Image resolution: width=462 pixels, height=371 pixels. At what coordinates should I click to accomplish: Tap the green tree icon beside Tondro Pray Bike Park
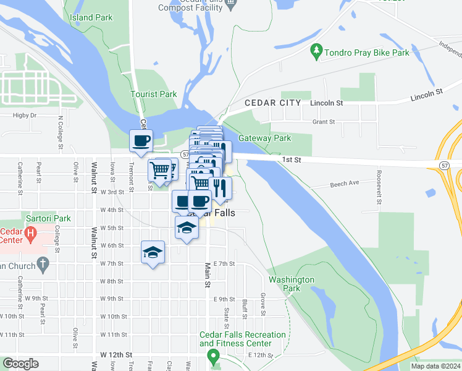(x=317, y=48)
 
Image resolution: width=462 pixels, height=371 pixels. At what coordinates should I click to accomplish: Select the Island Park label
(x=91, y=17)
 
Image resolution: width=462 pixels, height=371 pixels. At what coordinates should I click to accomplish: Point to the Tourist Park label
(x=153, y=95)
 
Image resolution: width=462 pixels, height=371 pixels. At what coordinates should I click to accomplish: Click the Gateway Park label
(x=264, y=139)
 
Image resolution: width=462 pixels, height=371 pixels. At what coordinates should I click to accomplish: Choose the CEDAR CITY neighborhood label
(x=272, y=103)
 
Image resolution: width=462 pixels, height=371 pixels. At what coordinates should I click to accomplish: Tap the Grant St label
(x=323, y=122)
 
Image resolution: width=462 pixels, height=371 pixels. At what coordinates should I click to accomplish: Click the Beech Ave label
(x=344, y=184)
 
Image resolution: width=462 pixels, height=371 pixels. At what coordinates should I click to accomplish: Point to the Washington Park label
(x=291, y=284)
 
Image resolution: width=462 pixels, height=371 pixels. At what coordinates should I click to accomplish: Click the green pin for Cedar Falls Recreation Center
(x=214, y=356)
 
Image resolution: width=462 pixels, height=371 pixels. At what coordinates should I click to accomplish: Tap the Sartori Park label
(x=48, y=218)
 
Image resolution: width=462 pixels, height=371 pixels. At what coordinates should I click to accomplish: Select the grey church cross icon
(x=43, y=265)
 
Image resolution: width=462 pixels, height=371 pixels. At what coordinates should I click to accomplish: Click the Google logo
(x=20, y=364)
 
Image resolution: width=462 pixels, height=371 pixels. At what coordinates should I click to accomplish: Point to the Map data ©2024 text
(x=435, y=366)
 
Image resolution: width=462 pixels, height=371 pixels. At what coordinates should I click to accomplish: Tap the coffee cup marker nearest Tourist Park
(x=141, y=140)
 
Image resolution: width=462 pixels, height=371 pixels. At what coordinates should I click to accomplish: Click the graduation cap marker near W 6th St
(x=153, y=252)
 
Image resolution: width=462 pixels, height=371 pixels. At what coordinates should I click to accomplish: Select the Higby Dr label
(x=25, y=115)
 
